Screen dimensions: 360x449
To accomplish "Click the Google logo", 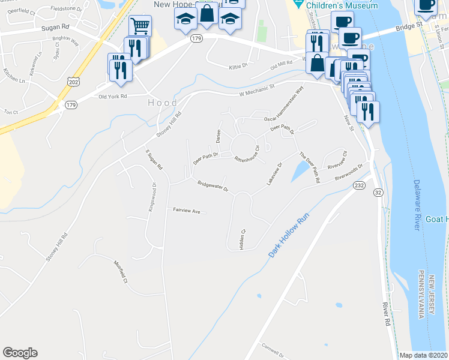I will tap(20, 353).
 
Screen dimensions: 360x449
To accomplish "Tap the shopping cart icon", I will tap(140, 26).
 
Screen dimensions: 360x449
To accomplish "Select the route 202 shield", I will tap(73, 82).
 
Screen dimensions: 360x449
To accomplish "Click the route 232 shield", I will tap(359, 185).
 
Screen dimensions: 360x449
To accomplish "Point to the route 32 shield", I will tap(378, 192).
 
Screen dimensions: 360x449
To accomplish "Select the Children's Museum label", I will tap(342, 5).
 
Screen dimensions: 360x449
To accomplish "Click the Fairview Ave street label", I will tap(190, 211).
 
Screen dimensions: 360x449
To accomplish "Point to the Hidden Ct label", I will tap(243, 239).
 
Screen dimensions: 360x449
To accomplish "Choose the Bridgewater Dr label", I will tap(213, 187).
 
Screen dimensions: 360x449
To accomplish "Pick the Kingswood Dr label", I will tap(152, 196).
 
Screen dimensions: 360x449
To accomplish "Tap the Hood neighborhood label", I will tap(163, 103).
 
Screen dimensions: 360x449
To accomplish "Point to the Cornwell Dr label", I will tap(273, 347).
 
